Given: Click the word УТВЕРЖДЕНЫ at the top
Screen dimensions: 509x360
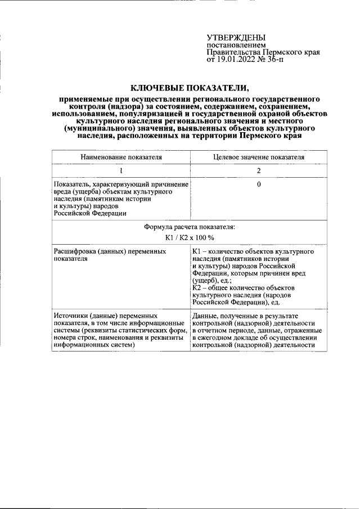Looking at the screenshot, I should [236, 38].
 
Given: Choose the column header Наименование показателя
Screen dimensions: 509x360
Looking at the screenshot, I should [121, 157].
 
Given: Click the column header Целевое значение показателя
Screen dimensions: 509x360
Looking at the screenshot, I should [259, 157].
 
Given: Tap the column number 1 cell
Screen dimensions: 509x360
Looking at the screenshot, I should [121, 171].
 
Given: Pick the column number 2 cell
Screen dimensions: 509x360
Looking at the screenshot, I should [259, 171].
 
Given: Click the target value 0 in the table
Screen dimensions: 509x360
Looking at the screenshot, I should [259, 184].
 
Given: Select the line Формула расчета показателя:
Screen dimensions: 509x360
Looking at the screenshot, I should [190, 227].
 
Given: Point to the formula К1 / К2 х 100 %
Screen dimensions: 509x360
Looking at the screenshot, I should [190, 238].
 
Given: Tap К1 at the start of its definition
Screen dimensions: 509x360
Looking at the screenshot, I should [197, 251].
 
